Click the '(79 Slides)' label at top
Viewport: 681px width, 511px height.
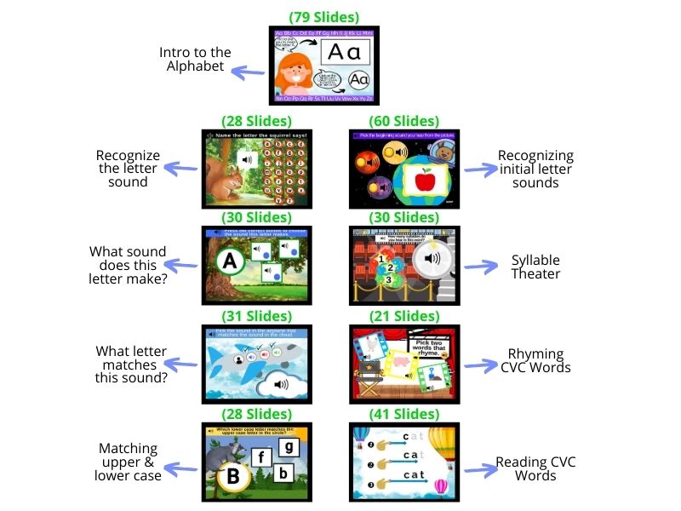[x=324, y=17]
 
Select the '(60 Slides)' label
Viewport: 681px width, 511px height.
[x=404, y=121]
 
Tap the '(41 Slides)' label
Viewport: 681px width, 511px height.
[x=404, y=414]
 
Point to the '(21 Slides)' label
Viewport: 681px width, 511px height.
[x=404, y=316]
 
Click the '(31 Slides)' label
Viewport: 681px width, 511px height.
[x=256, y=316]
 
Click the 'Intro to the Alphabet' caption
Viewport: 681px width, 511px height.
[x=195, y=60]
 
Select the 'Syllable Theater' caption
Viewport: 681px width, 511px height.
[x=535, y=267]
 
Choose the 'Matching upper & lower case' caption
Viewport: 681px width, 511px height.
[x=128, y=462]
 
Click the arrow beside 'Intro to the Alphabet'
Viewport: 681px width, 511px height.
[x=249, y=73]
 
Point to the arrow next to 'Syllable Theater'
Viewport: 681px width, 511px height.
[x=480, y=267]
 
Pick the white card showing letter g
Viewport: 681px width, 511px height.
[x=289, y=446]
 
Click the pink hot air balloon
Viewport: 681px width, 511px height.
[x=440, y=487]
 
